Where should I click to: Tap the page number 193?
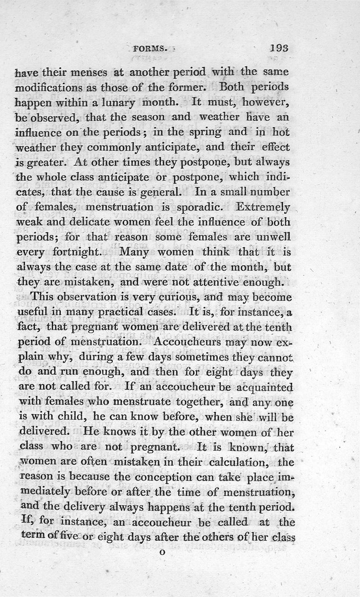280,48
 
